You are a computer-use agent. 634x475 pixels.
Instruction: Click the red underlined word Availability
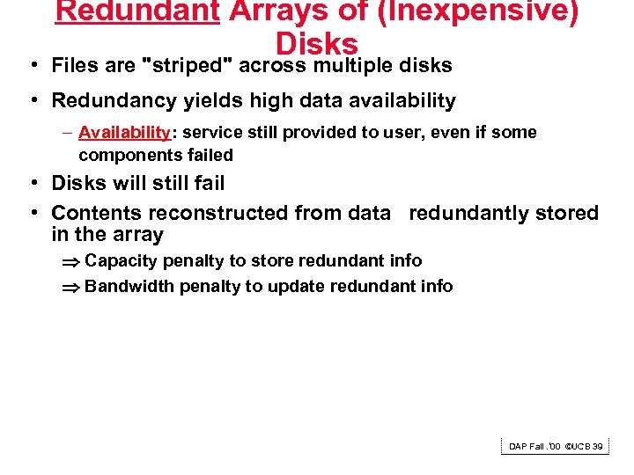point(124,133)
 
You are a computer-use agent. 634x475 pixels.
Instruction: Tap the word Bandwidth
point(129,286)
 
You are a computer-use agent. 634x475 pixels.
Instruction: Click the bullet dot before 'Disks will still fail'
point(32,184)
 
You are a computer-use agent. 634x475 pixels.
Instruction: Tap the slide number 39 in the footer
point(598,447)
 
